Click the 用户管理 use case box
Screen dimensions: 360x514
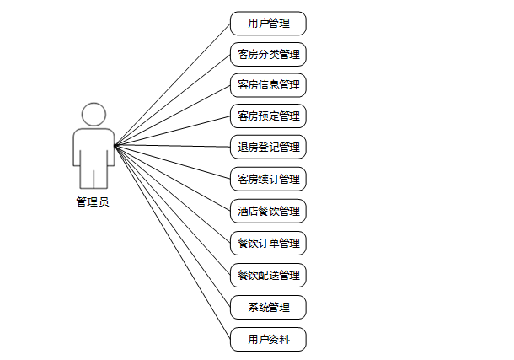268,24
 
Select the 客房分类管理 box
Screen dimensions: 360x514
268,55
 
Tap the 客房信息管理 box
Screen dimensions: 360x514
268,84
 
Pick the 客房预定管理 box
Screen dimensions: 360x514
268,116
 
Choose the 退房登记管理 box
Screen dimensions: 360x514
268,147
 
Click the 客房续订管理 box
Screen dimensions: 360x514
268,179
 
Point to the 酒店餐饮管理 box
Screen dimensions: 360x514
268,211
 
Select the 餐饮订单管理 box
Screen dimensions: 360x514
268,244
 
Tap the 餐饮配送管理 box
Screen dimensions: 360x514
268,275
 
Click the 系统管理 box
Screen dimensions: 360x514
268,307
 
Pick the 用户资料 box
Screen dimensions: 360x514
268,339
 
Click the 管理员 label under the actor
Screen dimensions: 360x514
93,201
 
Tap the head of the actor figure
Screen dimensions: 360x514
94,115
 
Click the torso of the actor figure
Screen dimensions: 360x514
94,148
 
